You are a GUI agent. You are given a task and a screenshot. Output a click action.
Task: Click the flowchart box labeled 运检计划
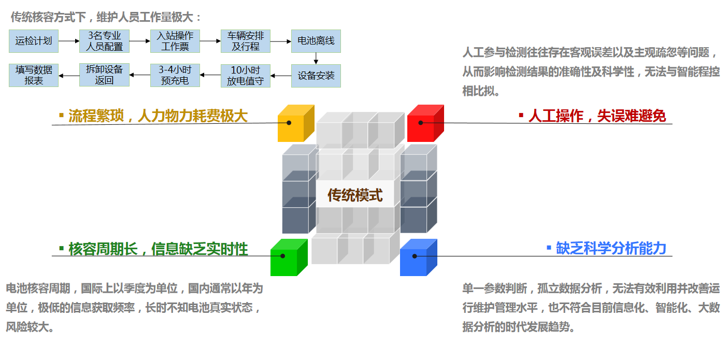(x=34, y=41)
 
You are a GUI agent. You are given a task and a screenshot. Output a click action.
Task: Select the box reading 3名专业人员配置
(x=104, y=41)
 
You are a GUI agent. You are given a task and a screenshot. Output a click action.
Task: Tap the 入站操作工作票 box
(x=175, y=41)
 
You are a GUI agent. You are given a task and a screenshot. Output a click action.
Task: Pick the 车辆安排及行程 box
(x=245, y=41)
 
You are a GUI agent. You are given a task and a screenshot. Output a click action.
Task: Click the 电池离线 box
(x=316, y=41)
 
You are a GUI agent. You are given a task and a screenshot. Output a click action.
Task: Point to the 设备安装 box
(x=316, y=76)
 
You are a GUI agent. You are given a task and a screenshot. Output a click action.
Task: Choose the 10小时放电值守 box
(x=245, y=76)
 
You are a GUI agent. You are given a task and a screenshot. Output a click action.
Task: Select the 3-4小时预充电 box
(x=175, y=76)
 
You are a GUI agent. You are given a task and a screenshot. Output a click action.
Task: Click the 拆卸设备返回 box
(x=104, y=76)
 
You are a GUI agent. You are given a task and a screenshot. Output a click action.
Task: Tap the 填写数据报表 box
(x=34, y=76)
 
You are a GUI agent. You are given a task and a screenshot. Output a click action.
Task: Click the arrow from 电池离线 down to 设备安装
(x=316, y=58)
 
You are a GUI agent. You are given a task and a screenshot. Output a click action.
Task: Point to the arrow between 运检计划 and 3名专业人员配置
(x=69, y=41)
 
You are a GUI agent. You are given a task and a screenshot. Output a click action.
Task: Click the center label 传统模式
(x=355, y=195)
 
